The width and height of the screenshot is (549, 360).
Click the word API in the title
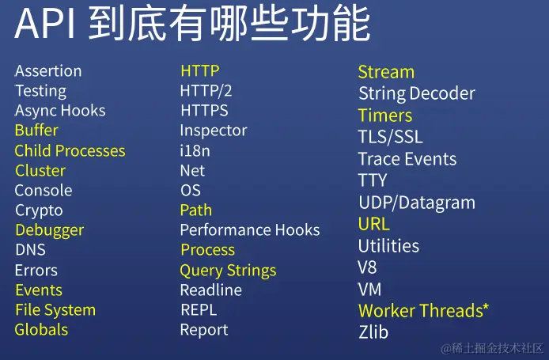pos(44,24)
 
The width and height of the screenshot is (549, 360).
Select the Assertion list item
pos(48,71)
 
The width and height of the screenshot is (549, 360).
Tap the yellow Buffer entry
pos(36,131)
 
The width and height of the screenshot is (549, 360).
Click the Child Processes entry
pos(70,150)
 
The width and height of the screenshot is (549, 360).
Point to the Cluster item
pos(40,171)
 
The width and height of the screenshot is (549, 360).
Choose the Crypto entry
pos(39,210)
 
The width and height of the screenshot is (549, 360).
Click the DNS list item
pos(31,250)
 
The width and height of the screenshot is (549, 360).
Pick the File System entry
pos(55,311)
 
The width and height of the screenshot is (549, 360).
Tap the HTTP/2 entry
pos(206,91)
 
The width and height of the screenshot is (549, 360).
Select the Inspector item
pos(214,131)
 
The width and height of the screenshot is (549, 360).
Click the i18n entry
pos(195,151)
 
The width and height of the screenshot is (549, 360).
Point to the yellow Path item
pos(196,210)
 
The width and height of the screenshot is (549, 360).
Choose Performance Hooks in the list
pos(250,230)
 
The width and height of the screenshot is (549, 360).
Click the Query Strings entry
pos(228,271)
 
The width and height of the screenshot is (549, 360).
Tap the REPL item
pos(199,310)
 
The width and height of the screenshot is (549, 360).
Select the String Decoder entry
pos(417,93)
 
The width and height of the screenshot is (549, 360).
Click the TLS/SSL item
pos(391,137)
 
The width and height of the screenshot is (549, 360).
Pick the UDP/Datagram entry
pos(417,203)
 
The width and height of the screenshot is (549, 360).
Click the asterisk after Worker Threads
pos(486,307)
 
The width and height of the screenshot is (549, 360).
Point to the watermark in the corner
pos(492,348)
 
